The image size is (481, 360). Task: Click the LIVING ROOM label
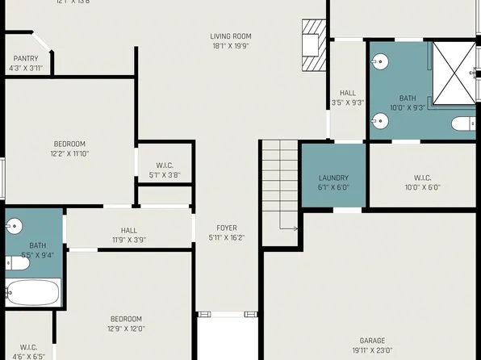pos(231,36)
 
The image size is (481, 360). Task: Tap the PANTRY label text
pos(26,58)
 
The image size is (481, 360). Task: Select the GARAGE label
pos(372,341)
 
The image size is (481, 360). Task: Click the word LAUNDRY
pos(333,178)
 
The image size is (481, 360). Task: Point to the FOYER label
pos(226,228)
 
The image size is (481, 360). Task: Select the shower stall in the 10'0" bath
pos(454,73)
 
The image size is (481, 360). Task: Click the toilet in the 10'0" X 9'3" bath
pos(463,123)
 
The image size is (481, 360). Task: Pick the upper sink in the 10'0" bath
pos(379,61)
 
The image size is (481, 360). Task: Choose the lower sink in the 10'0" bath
pos(379,121)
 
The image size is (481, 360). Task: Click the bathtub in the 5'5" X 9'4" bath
pos(32,291)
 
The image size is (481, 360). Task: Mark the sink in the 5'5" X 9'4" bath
pos(14,226)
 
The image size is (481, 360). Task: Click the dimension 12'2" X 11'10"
pos(69,153)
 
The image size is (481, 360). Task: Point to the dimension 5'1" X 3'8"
pos(165,174)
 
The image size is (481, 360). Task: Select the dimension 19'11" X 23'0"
pos(372,350)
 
